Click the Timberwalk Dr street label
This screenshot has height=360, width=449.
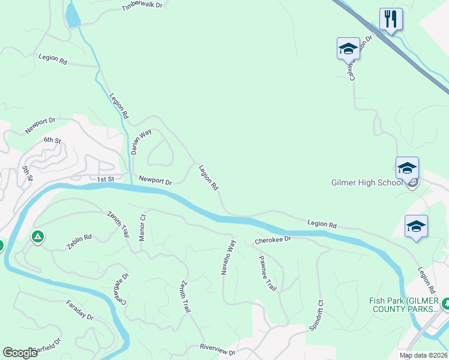click(142, 6)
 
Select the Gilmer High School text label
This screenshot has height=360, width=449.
click(367, 182)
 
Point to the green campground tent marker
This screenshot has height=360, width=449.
click(38, 238)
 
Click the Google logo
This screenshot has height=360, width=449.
click(20, 353)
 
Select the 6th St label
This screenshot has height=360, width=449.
click(52, 140)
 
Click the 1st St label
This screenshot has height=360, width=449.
click(105, 179)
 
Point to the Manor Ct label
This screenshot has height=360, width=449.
click(143, 227)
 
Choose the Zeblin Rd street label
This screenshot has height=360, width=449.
click(79, 242)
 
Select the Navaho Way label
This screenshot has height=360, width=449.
click(231, 257)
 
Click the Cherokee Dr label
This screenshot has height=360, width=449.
click(273, 239)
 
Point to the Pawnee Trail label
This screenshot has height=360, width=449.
click(267, 272)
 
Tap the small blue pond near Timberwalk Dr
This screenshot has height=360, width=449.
click(72, 15)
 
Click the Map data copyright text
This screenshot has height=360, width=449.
click(423, 355)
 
